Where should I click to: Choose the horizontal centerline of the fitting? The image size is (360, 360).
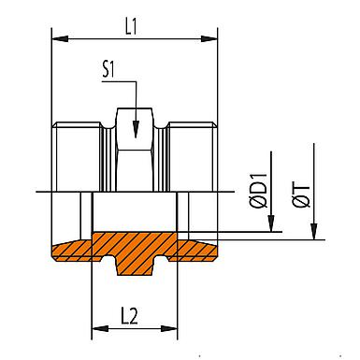pos(131,194)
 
